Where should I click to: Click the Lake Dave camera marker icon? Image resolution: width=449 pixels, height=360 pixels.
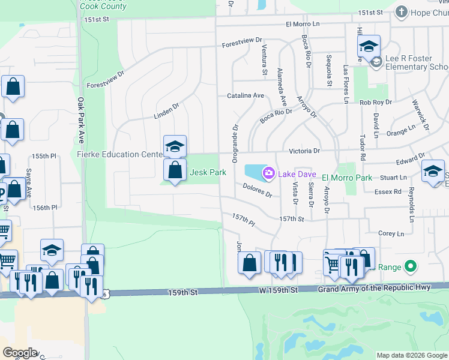tap(268, 173)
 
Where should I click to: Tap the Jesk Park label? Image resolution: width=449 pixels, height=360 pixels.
tap(208, 172)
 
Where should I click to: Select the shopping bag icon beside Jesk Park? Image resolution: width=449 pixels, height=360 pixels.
tap(175, 170)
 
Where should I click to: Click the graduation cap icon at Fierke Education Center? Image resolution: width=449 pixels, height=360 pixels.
tap(175, 146)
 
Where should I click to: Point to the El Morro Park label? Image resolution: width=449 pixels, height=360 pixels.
tap(347, 178)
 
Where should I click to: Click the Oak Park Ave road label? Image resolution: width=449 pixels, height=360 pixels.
tap(80, 120)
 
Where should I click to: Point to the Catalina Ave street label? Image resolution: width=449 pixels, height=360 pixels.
tap(246, 95)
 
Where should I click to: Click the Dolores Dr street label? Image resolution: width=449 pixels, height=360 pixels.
tap(258, 190)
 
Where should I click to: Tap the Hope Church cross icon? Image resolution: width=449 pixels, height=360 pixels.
tap(401, 11)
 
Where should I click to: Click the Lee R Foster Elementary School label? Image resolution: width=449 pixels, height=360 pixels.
tap(417, 62)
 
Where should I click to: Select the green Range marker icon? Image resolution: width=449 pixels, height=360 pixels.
tap(411, 265)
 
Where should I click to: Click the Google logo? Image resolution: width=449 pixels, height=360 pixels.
tap(20, 353)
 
